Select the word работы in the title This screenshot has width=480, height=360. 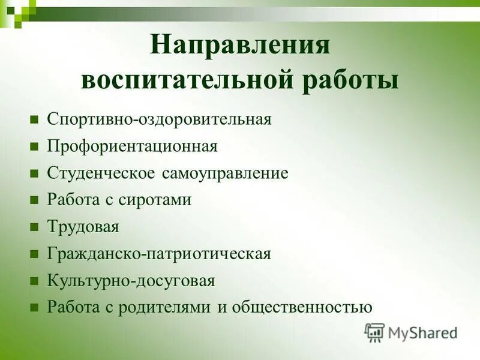coord(353,80)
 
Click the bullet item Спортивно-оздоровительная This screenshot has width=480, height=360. coord(160,118)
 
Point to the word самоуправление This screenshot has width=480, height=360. coord(224,173)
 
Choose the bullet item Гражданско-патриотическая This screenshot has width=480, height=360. coord(159,254)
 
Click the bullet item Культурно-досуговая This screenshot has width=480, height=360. coord(131,280)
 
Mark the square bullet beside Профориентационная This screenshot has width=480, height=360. coord(35,146)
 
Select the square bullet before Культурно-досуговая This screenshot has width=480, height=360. coord(35,281)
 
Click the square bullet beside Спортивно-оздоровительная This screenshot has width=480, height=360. coord(35,119)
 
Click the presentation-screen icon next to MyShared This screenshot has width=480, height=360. coord(375,332)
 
